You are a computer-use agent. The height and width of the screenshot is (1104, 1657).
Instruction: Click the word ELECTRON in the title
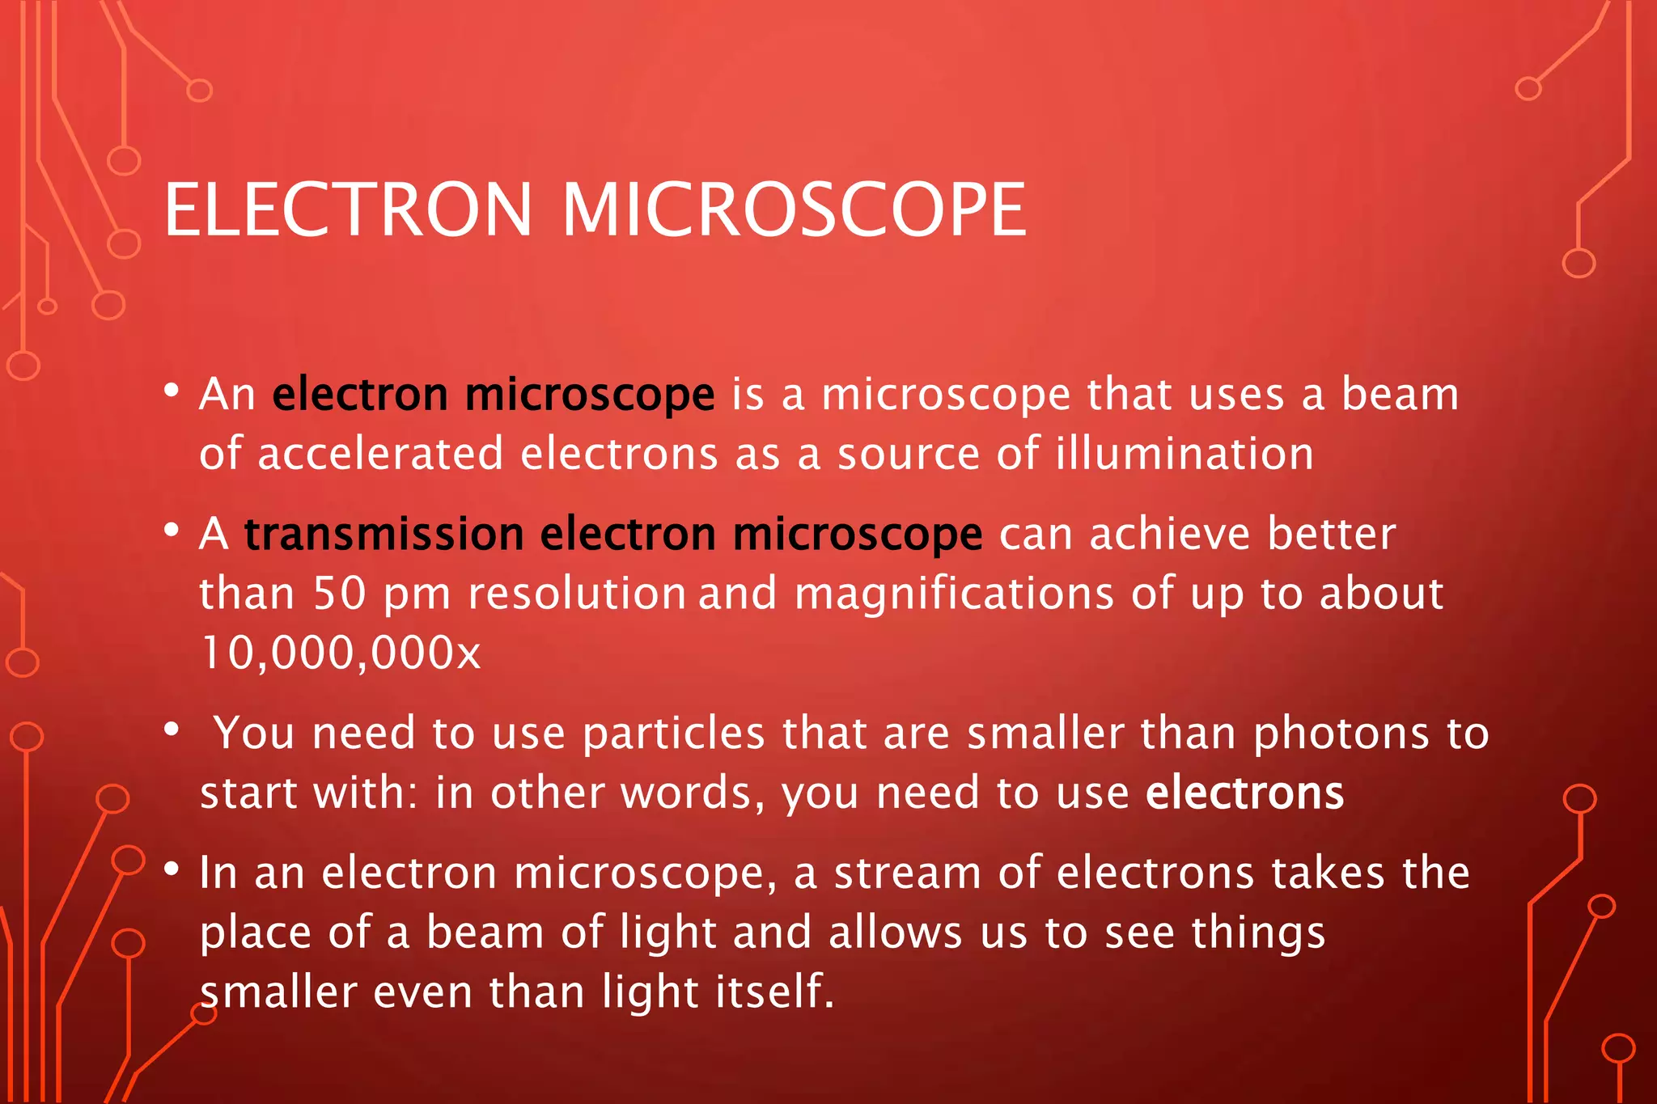pyautogui.click(x=349, y=210)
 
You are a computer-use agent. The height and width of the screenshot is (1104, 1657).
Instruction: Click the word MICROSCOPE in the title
pyautogui.click(x=794, y=210)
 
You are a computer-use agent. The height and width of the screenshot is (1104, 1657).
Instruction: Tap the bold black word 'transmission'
pyautogui.click(x=384, y=535)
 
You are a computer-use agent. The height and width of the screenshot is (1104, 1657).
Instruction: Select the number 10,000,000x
pyautogui.click(x=341, y=654)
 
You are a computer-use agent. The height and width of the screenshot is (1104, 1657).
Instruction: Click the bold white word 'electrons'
pyautogui.click(x=1244, y=793)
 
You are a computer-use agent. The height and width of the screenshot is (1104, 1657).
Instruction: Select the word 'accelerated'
pyautogui.click(x=380, y=453)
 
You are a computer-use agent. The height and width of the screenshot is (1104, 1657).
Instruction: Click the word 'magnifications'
pyautogui.click(x=954, y=594)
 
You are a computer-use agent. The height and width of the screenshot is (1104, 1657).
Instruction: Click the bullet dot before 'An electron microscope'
pyautogui.click(x=171, y=391)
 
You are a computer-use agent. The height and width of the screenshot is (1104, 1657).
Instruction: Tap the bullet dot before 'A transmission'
pyautogui.click(x=171, y=531)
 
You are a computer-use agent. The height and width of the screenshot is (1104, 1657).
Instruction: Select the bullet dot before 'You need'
pyautogui.click(x=171, y=730)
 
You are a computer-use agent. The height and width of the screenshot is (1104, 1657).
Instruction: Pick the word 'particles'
pyautogui.click(x=673, y=734)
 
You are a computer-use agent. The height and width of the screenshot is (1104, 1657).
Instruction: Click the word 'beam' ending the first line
pyautogui.click(x=1400, y=394)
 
